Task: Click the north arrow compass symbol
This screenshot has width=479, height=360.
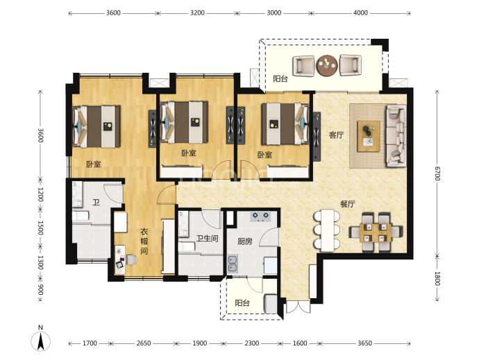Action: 40,341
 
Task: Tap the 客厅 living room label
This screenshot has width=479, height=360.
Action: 336,135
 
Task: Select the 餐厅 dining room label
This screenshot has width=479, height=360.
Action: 348,204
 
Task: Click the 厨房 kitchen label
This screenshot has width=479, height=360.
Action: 245,241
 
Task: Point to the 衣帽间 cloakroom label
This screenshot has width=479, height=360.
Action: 144,241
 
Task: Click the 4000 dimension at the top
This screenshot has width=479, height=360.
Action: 360,12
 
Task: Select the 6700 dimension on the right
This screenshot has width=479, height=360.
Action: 437,173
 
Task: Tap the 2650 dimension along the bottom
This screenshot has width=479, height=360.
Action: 144,343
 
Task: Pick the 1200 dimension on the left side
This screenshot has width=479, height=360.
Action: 40,194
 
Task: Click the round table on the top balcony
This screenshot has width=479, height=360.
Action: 327,65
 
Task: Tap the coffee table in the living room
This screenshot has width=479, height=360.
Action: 369,136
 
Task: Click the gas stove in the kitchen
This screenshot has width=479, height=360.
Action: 260,216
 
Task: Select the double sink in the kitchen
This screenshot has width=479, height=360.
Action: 233,264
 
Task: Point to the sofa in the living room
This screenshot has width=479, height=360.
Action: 396,135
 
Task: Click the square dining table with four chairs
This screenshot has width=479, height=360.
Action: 376,232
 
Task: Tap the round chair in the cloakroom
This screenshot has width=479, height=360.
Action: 131,260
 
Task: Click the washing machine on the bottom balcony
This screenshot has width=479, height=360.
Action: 270,304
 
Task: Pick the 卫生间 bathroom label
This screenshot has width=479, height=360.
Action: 207,239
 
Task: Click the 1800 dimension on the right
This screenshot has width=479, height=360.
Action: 437,278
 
